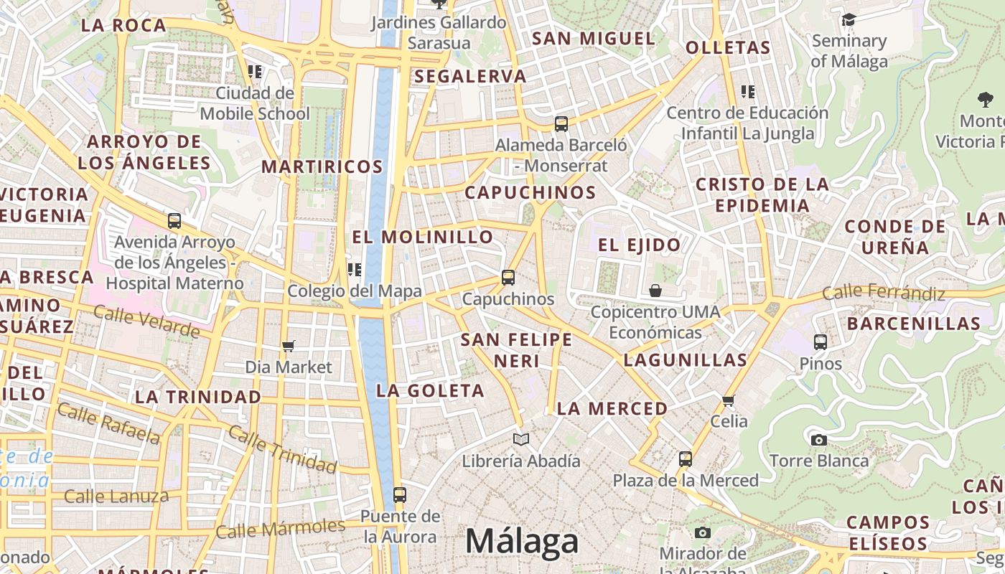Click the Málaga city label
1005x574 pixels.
pos(522,541)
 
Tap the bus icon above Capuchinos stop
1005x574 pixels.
pos(508,277)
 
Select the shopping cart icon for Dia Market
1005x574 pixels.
pos(289,347)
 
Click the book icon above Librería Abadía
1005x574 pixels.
pos(521,439)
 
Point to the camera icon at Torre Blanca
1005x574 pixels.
pos(818,440)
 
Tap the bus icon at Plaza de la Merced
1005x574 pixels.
pos(686,459)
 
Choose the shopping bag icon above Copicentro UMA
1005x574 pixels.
pos(655,291)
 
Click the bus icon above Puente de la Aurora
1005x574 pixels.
pos(400,495)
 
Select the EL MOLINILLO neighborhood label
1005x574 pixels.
pos(423,237)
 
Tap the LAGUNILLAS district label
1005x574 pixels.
pos(685,360)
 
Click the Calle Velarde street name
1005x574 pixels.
pos(146,321)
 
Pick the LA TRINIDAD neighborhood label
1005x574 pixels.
pos(198,397)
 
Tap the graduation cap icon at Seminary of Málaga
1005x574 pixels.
pos(849,20)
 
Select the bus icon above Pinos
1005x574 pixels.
pos(821,342)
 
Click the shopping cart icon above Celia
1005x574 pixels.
pos(729,400)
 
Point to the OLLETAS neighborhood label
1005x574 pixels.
pos(728,48)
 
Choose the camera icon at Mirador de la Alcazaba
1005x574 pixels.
pos(703,532)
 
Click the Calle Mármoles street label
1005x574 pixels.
pos(280,529)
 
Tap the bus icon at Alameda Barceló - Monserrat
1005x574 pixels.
pos(561,124)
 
